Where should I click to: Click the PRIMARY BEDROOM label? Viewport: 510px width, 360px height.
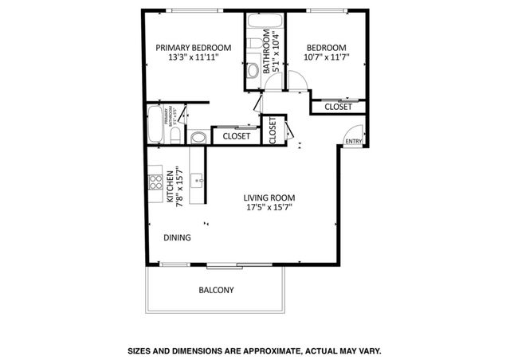(x=194, y=47)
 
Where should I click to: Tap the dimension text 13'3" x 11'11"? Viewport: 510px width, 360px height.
(x=194, y=58)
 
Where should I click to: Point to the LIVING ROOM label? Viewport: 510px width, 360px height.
(x=269, y=198)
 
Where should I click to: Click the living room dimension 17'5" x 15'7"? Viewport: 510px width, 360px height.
(x=269, y=209)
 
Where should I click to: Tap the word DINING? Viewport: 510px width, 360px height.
(x=177, y=237)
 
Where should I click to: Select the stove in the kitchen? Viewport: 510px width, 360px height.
(x=154, y=183)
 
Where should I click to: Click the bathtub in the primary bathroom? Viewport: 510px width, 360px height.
(x=155, y=124)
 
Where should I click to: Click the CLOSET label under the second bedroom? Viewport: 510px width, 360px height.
(x=338, y=107)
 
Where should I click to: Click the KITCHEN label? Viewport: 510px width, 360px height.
(x=170, y=189)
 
